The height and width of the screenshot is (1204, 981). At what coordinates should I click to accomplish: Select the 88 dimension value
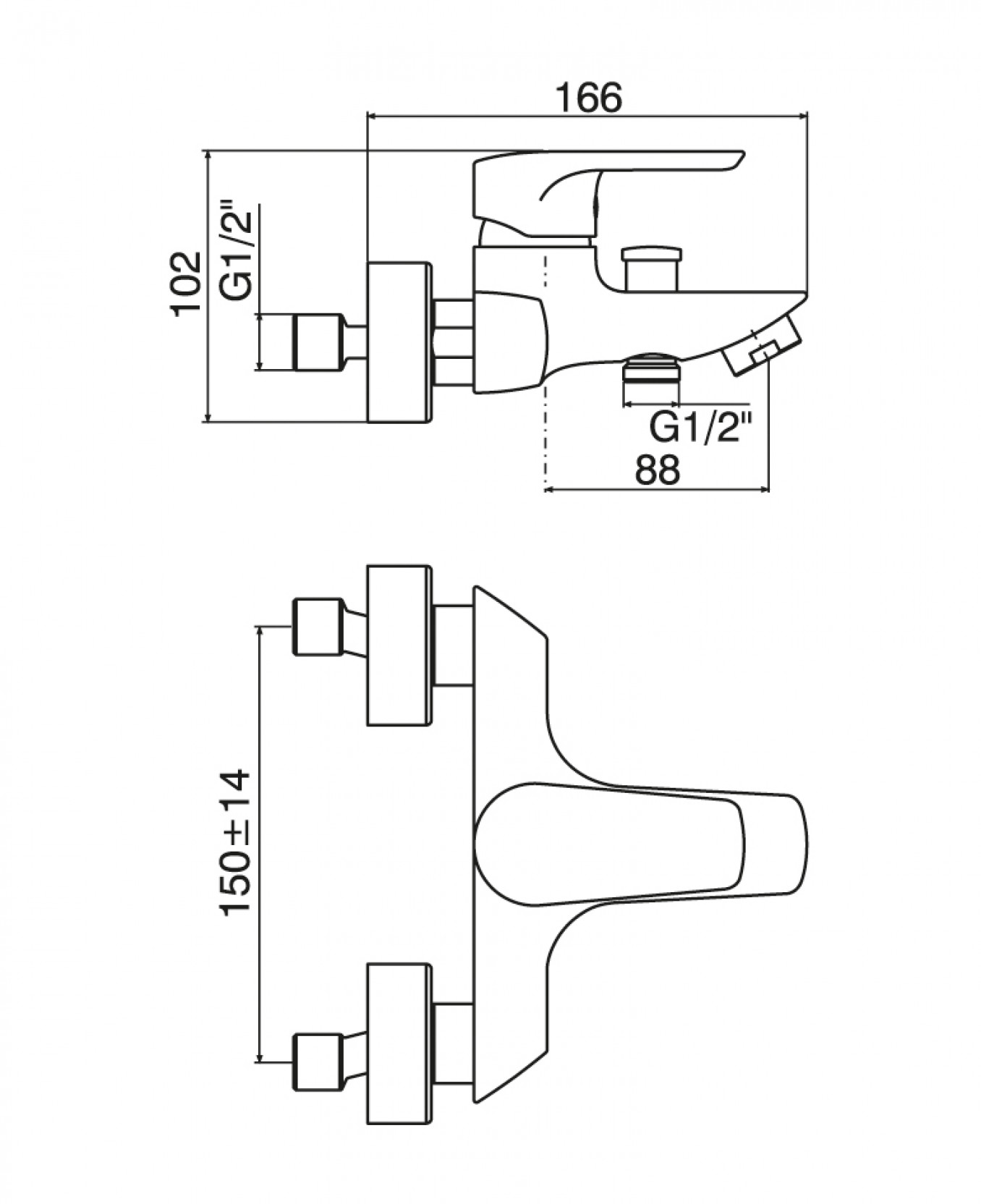tap(658, 470)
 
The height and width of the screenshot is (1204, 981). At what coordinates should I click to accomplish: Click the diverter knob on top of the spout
tap(650, 268)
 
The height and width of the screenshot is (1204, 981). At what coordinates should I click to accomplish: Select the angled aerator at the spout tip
tap(761, 344)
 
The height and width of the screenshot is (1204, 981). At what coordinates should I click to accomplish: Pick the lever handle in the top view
tap(640, 841)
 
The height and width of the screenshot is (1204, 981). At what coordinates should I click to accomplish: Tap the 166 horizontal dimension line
tap(587, 115)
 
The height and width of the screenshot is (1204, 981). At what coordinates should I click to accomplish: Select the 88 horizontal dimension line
tap(656, 490)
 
